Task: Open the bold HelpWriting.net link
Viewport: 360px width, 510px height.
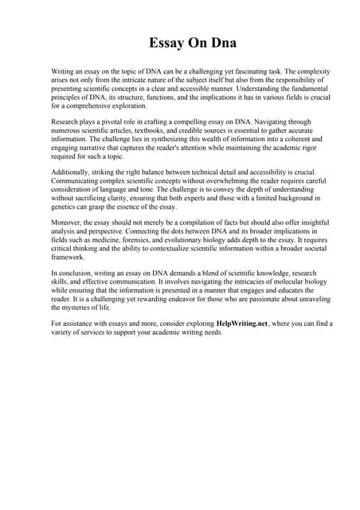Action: tap(243, 324)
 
